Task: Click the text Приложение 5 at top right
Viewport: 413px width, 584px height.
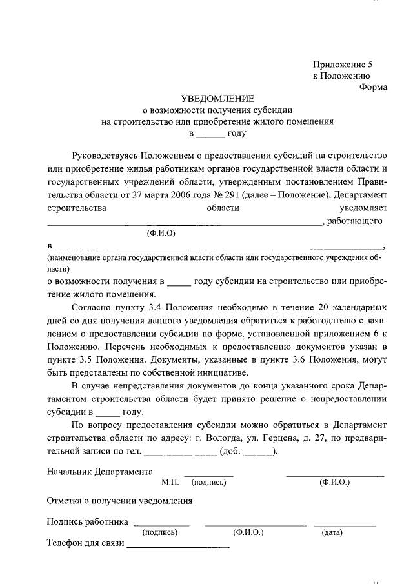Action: pos(343,65)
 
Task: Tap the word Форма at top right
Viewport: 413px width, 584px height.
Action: pos(373,88)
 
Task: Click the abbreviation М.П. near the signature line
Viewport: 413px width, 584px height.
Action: pos(170,482)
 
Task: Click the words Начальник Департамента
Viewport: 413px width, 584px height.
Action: pos(100,471)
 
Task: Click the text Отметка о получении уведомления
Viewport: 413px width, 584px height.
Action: pos(119,501)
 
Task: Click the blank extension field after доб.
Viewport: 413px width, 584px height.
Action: pos(257,452)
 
